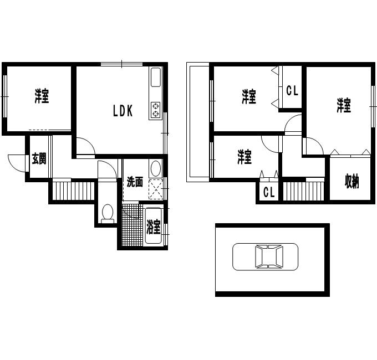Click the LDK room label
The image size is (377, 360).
point(123,111)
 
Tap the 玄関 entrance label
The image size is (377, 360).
point(39,158)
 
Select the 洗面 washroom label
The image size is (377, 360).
point(135,182)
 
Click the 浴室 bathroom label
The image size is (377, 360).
point(153,227)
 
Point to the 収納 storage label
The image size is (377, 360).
point(351,181)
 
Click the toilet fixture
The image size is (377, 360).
point(108,213)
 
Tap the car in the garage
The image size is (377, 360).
point(265,256)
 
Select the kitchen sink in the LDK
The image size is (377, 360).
point(156,77)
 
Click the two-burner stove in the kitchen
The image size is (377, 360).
point(156,110)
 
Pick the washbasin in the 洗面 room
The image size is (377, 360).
point(155,168)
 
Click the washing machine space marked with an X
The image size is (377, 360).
point(156,189)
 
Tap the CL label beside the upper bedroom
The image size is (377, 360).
point(292,90)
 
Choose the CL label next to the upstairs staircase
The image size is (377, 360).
point(269,192)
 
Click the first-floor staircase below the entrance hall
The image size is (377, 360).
point(73,191)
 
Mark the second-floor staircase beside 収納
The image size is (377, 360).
point(303,191)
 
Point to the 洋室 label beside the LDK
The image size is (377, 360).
point(42,96)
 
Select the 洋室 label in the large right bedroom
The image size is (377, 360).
point(344,105)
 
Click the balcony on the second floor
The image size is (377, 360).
point(198,122)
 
